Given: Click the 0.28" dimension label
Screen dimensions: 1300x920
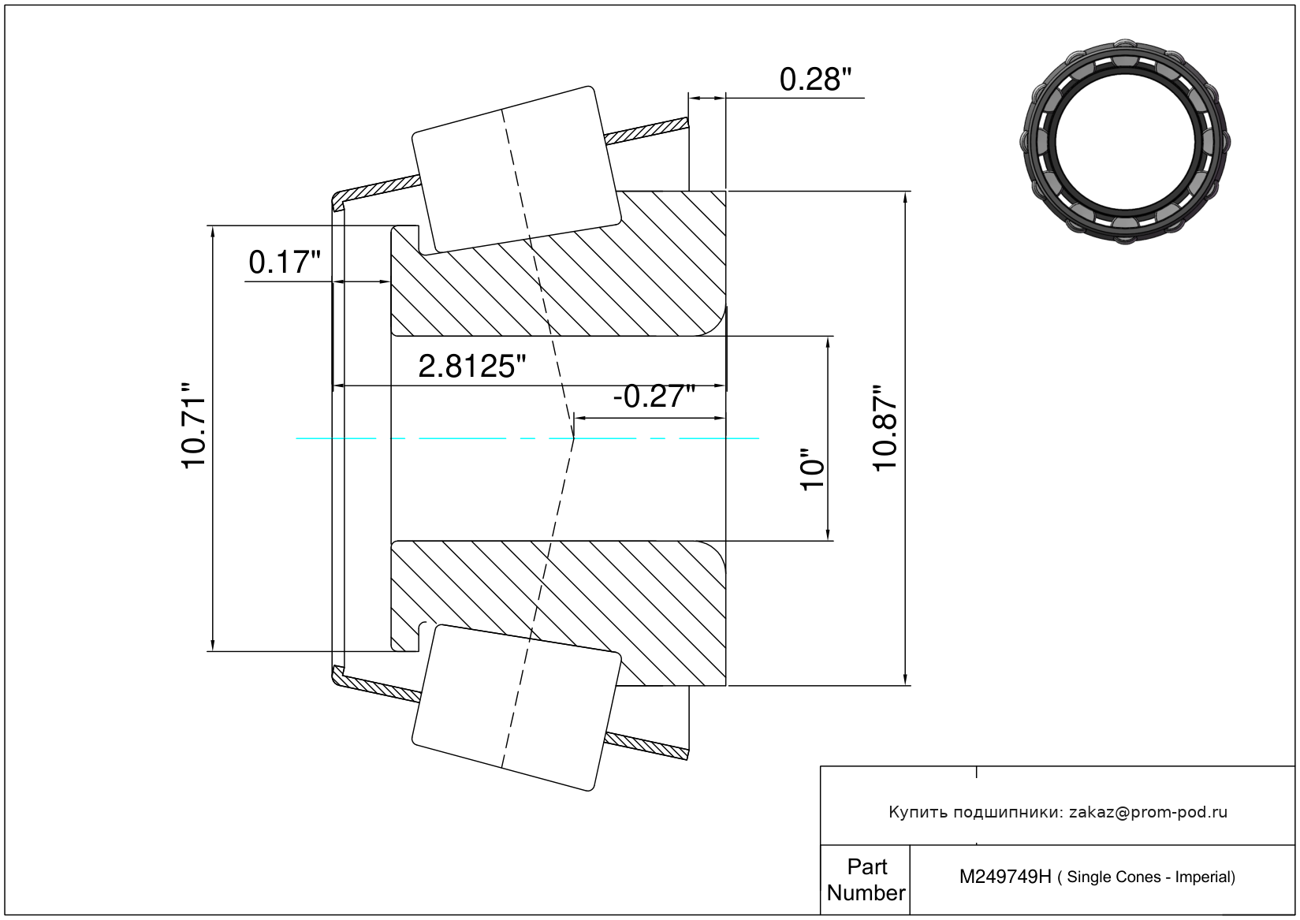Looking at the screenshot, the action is [815, 80].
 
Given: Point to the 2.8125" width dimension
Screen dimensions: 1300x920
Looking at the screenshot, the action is [471, 367].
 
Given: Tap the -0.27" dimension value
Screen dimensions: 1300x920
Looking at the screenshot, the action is [654, 397].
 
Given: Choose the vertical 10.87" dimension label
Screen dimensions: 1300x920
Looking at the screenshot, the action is [885, 428].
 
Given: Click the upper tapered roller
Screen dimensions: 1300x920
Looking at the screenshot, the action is [516, 169].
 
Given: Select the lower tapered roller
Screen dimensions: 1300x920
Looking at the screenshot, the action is [516, 708].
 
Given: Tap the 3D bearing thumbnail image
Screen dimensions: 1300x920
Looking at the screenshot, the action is [1125, 142].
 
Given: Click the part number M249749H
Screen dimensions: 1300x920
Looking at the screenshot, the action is [1005, 877].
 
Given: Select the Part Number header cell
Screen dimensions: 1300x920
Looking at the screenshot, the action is [866, 880].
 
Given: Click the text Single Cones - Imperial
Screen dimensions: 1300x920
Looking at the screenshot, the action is [1151, 877].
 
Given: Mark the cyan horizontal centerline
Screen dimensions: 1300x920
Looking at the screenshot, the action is [527, 438].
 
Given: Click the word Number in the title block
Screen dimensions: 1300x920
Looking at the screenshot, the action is [866, 892].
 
